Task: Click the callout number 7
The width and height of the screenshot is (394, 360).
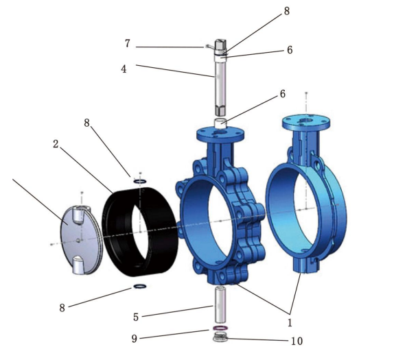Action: point(128,43)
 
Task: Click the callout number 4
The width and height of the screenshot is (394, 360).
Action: point(124,69)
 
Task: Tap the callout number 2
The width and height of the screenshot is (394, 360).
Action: point(56,144)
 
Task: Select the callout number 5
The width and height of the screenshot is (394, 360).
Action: point(136,317)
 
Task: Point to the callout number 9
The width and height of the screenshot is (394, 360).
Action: point(135,339)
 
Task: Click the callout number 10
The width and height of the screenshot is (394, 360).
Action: point(297,341)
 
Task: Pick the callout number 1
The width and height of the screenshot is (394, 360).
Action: point(290,322)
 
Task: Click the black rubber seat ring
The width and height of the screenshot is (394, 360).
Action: point(140,232)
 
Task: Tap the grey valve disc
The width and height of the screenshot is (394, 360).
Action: point(80,240)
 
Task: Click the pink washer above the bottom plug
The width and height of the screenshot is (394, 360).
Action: point(220,328)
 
